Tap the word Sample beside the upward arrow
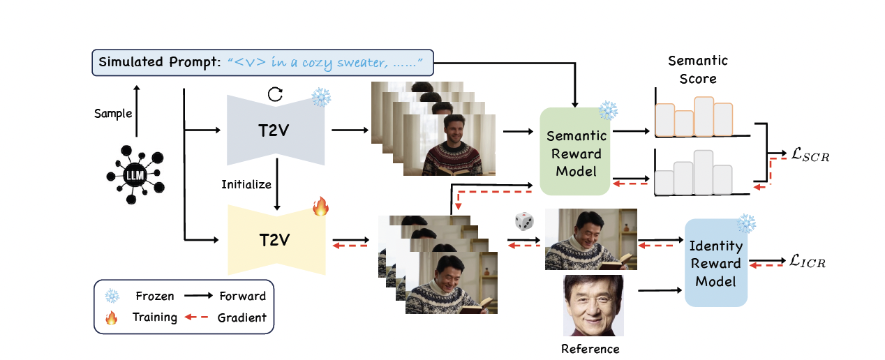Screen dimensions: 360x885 [113, 113]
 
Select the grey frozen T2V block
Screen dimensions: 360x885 [276, 130]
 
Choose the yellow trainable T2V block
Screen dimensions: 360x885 [276, 240]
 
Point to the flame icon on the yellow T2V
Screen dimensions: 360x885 [320, 206]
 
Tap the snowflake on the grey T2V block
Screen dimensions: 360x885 [321, 98]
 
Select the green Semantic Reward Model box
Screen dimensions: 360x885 [577, 151]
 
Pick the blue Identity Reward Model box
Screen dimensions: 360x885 [715, 263]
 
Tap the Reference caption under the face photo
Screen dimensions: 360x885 [590, 348]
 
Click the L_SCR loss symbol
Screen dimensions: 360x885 [806, 156]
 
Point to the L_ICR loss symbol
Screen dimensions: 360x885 [807, 262]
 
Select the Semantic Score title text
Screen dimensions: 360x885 [697, 69]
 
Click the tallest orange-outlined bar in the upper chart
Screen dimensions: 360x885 [704, 117]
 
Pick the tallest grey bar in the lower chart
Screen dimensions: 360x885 [704, 172]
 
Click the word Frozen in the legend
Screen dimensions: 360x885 [155, 296]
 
